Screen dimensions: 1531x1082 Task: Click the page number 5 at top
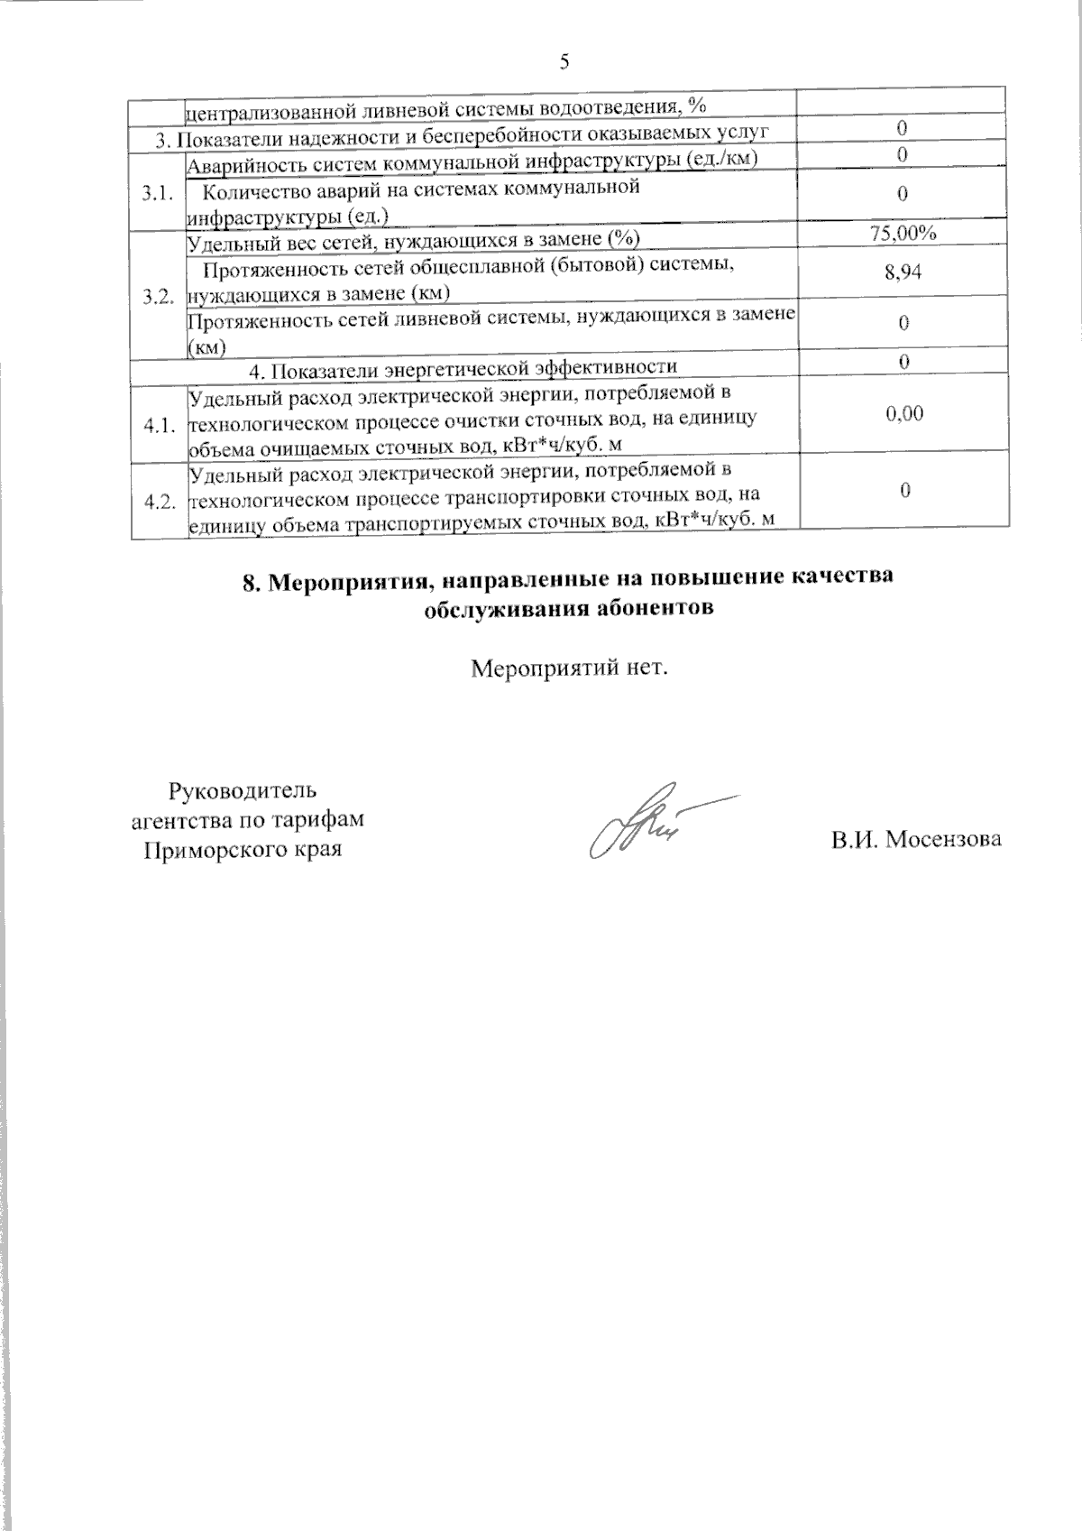coord(564,61)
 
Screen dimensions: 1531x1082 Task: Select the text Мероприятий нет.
coord(570,669)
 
